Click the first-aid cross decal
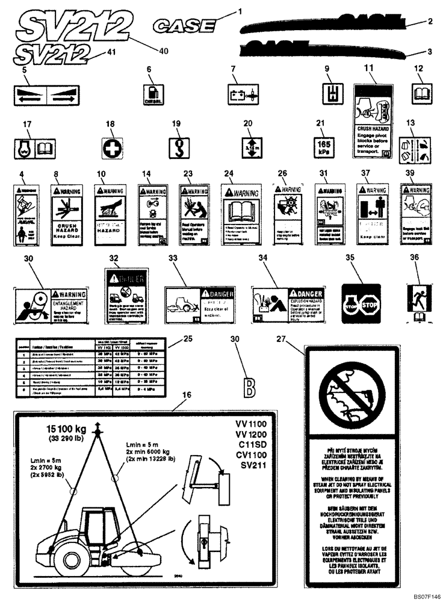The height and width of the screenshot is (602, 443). pyautogui.click(x=111, y=148)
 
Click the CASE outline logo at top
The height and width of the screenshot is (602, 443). pyautogui.click(x=185, y=25)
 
